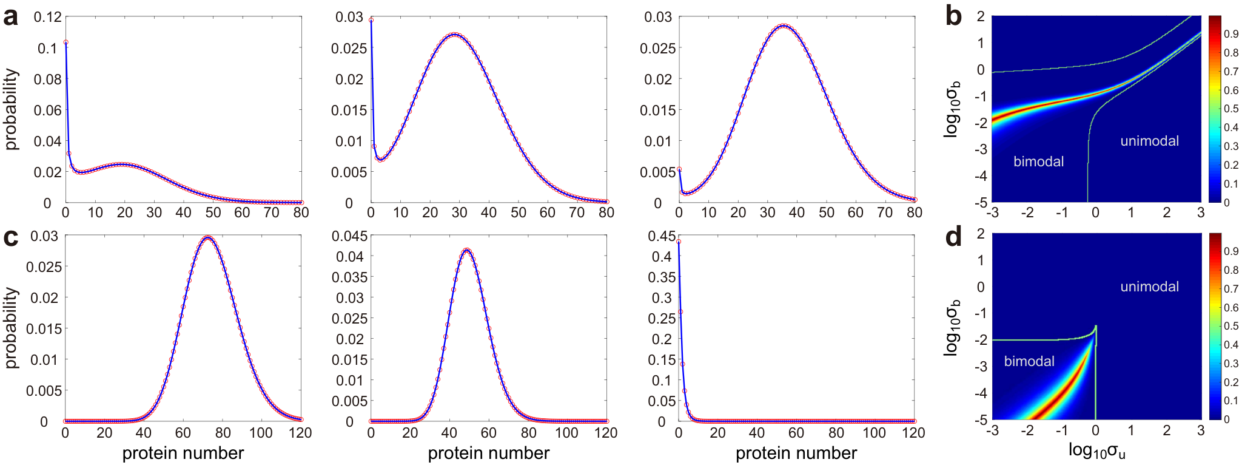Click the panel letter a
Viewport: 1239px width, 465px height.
[10, 17]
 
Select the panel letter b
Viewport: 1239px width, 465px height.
[953, 16]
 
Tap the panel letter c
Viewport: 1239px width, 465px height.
[10, 237]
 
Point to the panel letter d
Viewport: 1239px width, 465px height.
[953, 236]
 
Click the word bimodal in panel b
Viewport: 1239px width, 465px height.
[1038, 161]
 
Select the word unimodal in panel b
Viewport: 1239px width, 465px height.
[1149, 141]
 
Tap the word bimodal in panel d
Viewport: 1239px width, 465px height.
[1029, 361]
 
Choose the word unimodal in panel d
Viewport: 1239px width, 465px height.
[1149, 287]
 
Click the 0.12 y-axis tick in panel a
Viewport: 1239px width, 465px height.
[47, 17]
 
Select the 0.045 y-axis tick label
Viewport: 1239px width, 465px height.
[349, 236]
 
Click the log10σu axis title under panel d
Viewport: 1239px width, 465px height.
[1096, 451]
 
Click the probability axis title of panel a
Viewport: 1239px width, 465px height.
[11, 109]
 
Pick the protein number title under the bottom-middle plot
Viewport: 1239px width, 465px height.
[488, 453]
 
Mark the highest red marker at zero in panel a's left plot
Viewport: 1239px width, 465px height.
[65, 42]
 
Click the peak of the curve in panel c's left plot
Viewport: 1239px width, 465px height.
[207, 238]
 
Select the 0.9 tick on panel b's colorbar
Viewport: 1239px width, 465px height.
[1231, 34]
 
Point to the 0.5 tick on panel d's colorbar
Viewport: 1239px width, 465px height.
[1231, 326]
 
